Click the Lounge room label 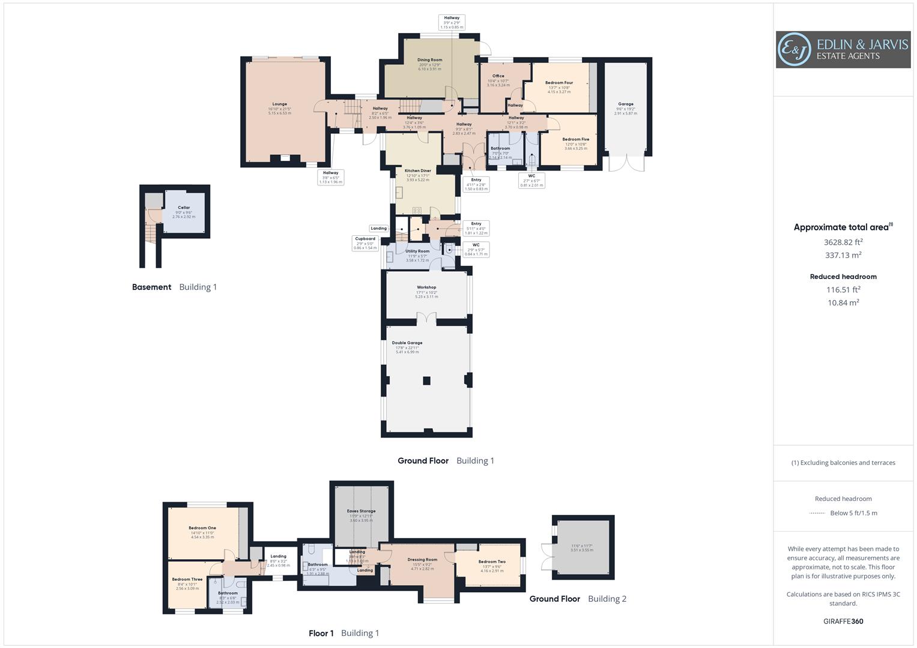point(279,104)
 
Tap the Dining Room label point(429,60)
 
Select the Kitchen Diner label point(418,171)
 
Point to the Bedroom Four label point(559,83)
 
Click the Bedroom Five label point(575,139)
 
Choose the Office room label point(498,76)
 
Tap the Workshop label point(426,287)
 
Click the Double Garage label point(407,343)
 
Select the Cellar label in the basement point(184,208)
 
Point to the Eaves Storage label point(361,511)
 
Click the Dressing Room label point(422,560)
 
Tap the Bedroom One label point(202,528)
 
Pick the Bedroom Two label point(492,562)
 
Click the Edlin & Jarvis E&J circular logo point(794,50)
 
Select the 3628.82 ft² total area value point(843,242)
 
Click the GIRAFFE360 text point(843,622)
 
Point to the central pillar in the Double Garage point(426,380)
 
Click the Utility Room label point(417,251)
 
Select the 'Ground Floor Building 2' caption point(578,599)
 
